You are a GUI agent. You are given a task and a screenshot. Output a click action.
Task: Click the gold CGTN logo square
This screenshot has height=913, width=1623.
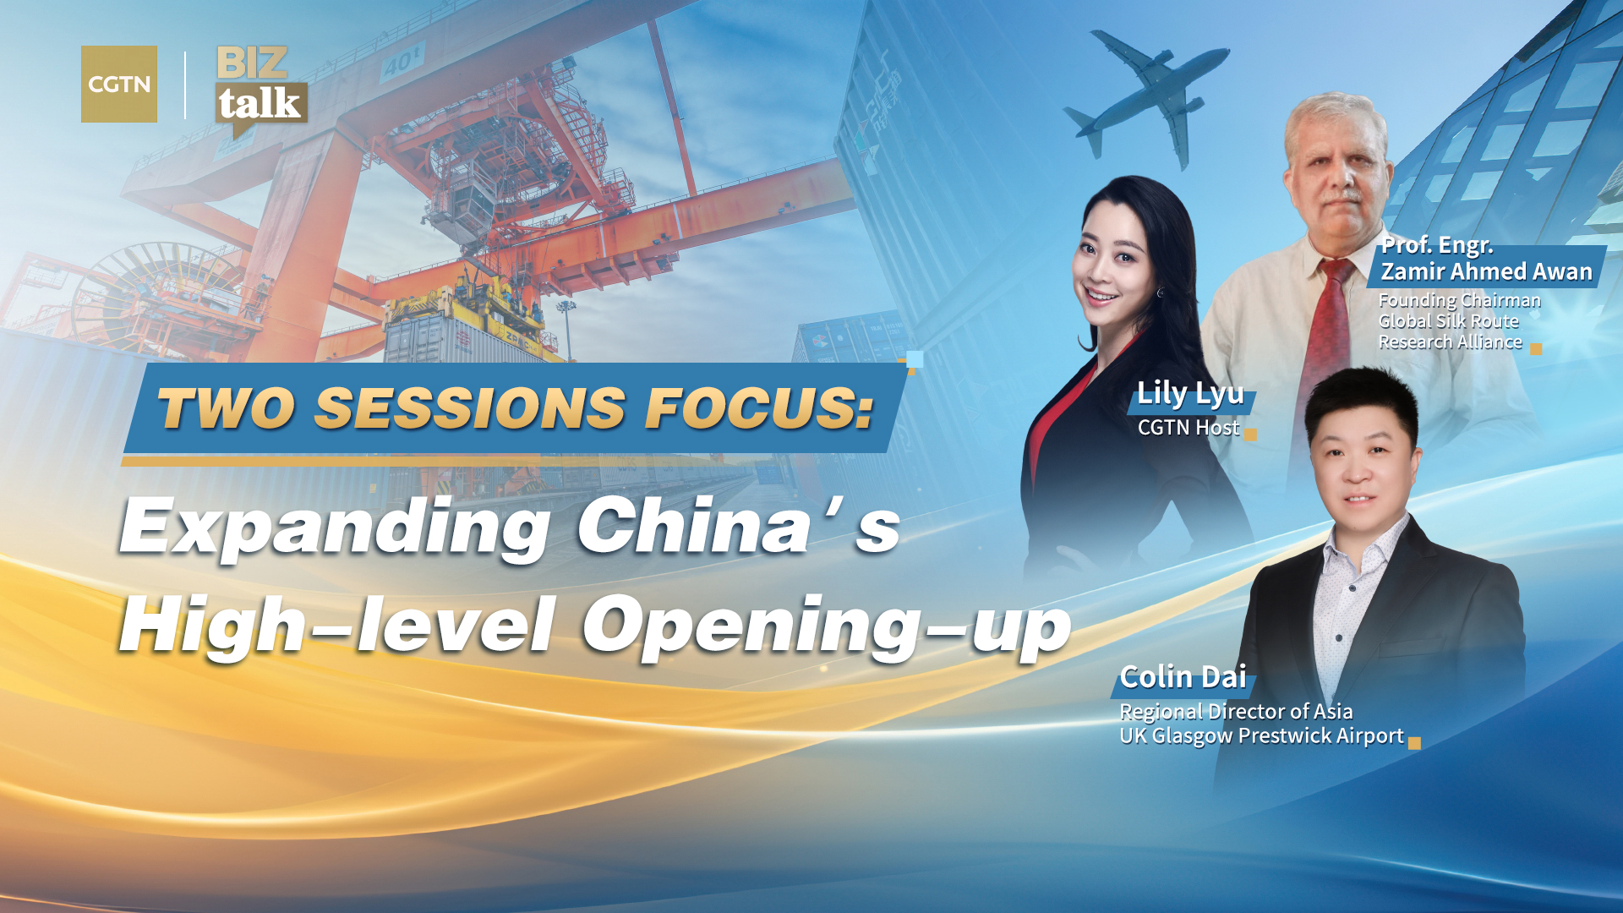point(118,84)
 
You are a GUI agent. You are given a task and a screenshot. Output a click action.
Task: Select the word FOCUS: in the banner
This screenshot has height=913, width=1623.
point(759,408)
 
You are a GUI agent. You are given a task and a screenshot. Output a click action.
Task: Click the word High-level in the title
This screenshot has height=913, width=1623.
point(337,626)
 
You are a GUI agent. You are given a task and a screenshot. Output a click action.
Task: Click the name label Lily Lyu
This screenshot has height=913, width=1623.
point(1189,393)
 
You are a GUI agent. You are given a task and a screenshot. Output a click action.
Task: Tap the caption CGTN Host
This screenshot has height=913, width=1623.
point(1188,428)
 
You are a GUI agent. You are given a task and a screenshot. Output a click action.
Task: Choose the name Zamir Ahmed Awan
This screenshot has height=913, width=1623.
point(1486,271)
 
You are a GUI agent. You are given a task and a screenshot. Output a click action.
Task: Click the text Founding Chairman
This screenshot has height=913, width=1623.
point(1459,300)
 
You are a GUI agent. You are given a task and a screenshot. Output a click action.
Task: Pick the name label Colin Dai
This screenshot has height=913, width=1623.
point(1183,677)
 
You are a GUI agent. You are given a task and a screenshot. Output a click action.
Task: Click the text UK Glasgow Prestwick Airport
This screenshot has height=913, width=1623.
point(1261,735)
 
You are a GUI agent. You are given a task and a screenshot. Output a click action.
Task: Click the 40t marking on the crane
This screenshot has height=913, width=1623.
point(402,62)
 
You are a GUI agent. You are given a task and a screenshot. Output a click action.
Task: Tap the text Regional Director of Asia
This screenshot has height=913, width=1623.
point(1236,711)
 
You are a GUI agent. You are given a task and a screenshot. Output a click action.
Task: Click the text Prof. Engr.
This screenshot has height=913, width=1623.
point(1437,245)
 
